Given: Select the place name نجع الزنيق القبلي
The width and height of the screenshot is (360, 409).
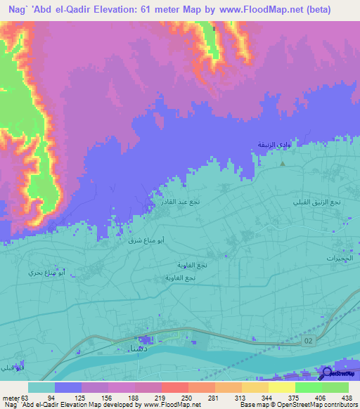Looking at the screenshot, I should point(317,202).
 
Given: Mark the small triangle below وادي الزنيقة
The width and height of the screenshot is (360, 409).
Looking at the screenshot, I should point(283,163).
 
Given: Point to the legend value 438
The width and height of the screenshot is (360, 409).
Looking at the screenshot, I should point(345,397).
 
